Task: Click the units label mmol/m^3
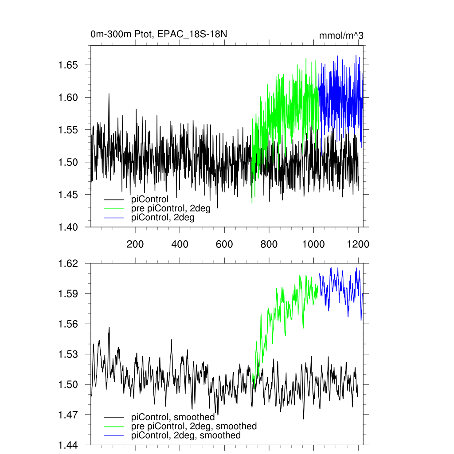pyautogui.click(x=341, y=36)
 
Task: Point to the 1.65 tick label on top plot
pyautogui.click(x=68, y=65)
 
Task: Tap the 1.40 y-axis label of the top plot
pyautogui.click(x=68, y=227)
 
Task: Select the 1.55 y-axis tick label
pyautogui.click(x=68, y=130)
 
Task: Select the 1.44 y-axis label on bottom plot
pyautogui.click(x=68, y=445)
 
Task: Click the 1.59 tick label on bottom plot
pyautogui.click(x=68, y=294)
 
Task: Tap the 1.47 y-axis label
pyautogui.click(x=68, y=415)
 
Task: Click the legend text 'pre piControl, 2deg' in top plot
pyautogui.click(x=171, y=209)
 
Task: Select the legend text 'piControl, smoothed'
pyautogui.click(x=173, y=417)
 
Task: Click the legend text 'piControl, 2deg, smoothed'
pyautogui.click(x=186, y=436)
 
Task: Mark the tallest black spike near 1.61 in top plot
pyautogui.click(x=109, y=94)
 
